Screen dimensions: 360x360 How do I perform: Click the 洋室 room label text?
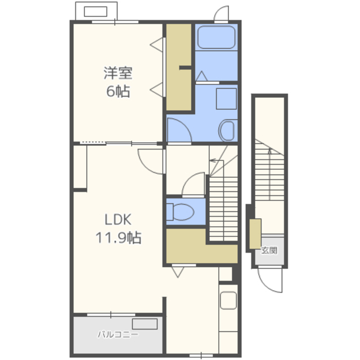point(118,73)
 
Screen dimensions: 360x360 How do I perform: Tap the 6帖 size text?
point(118,91)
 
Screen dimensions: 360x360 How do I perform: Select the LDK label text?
point(118,219)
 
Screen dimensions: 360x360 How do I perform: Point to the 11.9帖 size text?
point(118,237)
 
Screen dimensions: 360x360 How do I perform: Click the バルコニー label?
point(118,334)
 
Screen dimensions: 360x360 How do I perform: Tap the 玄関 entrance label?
point(269,250)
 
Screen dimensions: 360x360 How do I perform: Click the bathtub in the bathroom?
point(216,37)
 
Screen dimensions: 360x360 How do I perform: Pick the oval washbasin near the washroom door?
point(228,130)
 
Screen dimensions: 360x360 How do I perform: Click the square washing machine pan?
point(226,99)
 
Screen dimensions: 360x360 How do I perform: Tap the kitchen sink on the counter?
point(228,300)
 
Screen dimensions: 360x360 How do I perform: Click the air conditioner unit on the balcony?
point(145,324)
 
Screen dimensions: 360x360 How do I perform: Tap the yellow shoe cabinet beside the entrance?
point(255,234)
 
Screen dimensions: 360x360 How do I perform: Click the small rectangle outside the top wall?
point(96,11)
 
